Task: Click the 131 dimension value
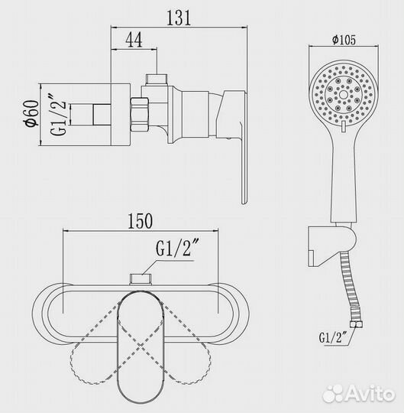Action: pyautogui.click(x=179, y=18)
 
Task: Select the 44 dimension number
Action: pyautogui.click(x=134, y=40)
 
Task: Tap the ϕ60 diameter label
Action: pyautogui.click(x=32, y=113)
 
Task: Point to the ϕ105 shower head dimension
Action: pyautogui.click(x=344, y=40)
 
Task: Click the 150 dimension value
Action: pyautogui.click(x=141, y=221)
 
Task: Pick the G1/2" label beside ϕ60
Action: pyautogui.click(x=59, y=114)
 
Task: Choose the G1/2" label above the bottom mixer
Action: pyautogui.click(x=177, y=248)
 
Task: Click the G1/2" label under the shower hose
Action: pyautogui.click(x=334, y=337)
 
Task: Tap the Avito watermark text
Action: pyautogui.click(x=359, y=395)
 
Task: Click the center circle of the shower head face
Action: pyautogui.click(x=343, y=95)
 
